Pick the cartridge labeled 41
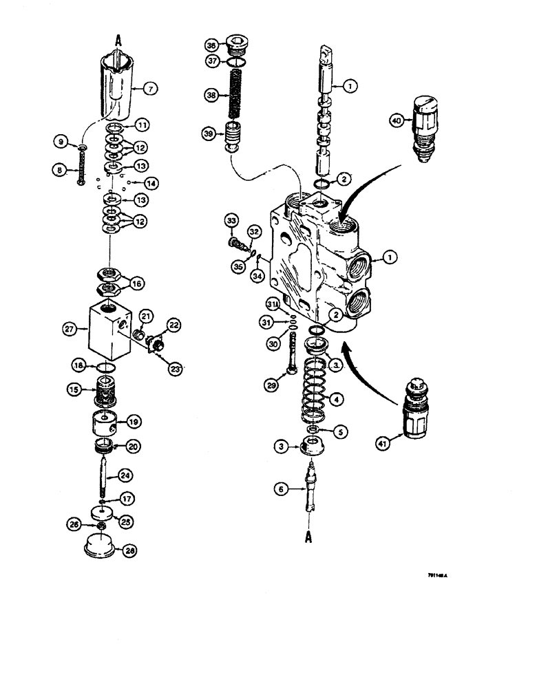pos(414,410)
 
